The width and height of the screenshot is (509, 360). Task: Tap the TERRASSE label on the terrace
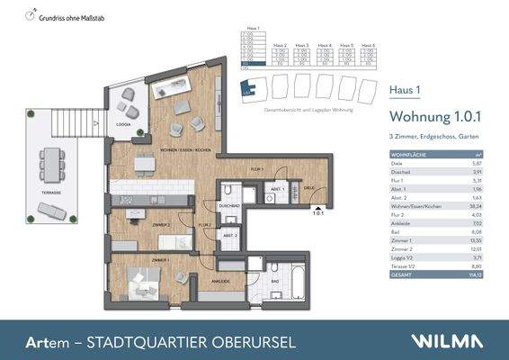[51, 193]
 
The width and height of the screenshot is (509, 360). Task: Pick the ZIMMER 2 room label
[161, 223]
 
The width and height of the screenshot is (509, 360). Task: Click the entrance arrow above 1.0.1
[317, 206]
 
